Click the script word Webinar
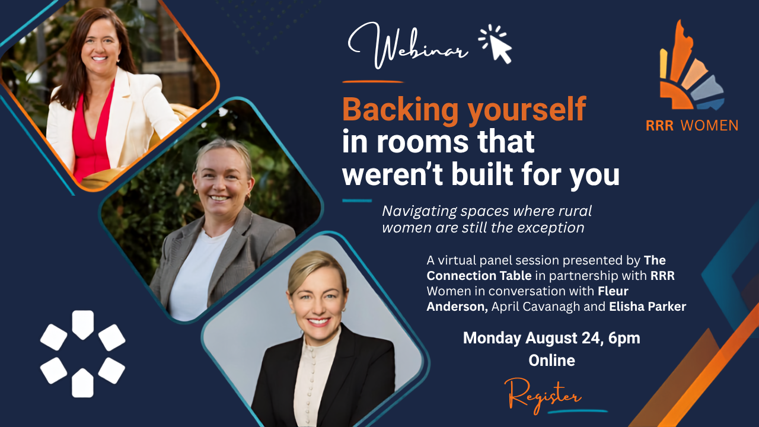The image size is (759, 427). click(x=409, y=46)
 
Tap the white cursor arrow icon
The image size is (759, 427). click(x=495, y=44)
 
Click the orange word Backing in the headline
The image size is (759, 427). click(x=400, y=110)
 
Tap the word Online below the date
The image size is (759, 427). click(x=551, y=360)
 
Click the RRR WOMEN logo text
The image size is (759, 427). click(x=691, y=126)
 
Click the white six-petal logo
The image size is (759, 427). click(x=82, y=354)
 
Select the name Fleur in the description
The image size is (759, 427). click(x=613, y=291)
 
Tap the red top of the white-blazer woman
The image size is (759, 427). click(x=90, y=142)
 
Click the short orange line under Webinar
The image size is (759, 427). click(x=373, y=82)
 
